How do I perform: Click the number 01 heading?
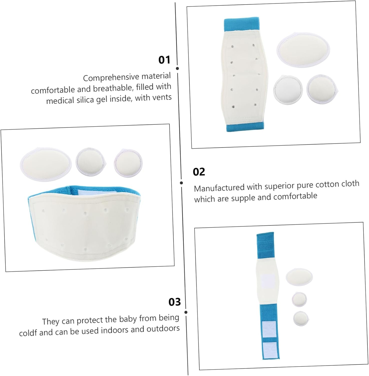[164, 60]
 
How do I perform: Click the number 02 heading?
[199, 172]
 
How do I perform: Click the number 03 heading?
[175, 302]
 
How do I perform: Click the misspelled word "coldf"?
[28, 333]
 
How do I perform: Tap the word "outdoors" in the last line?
[163, 328]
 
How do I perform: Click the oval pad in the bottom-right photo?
[299, 277]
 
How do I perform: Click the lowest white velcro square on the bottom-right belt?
[270, 349]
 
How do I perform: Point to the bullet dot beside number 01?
[177, 68]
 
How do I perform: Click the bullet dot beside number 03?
[186, 312]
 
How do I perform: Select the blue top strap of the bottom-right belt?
[266, 246]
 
